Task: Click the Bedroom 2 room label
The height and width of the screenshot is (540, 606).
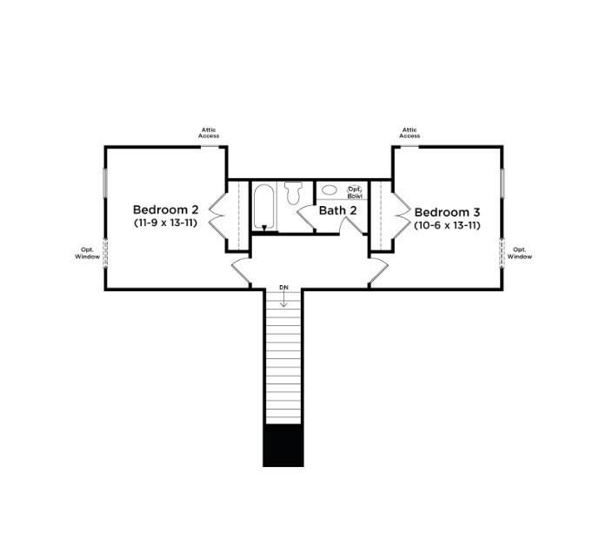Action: point(166,210)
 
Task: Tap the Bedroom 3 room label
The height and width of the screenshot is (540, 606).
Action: point(446,212)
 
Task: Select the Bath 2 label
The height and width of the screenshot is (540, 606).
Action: point(337,210)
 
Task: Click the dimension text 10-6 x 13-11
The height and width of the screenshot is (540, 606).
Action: point(447,225)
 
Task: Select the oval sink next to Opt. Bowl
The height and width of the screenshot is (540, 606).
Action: point(330,190)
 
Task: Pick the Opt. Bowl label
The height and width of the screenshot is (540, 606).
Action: point(355,192)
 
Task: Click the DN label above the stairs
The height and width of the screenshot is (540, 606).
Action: point(283,287)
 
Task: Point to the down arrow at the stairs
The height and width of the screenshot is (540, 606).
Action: point(283,299)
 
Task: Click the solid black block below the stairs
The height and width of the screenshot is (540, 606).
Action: point(283,445)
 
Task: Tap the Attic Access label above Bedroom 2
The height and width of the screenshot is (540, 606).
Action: point(209,133)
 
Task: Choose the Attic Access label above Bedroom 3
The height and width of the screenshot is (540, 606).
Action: point(410,133)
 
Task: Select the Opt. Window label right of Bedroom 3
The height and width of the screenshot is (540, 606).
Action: point(519,253)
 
